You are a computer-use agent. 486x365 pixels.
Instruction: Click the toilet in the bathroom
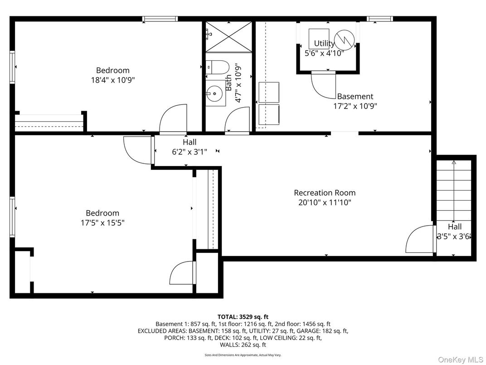[215, 67]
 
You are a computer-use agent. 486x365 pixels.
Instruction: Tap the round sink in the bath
[214, 94]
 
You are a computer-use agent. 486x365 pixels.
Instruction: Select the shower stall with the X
[228, 36]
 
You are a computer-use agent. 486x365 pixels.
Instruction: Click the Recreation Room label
[325, 193]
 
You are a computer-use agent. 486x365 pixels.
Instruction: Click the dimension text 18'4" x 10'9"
[112, 80]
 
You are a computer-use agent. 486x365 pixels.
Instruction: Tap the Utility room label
[324, 44]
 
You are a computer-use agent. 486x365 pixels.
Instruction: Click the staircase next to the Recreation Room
[454, 191]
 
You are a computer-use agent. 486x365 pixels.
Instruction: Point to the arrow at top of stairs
[454, 162]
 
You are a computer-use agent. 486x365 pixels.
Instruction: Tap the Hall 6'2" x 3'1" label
[190, 147]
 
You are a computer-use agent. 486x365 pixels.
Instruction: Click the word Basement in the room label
[355, 96]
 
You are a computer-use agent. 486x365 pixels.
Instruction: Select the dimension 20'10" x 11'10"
[325, 202]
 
